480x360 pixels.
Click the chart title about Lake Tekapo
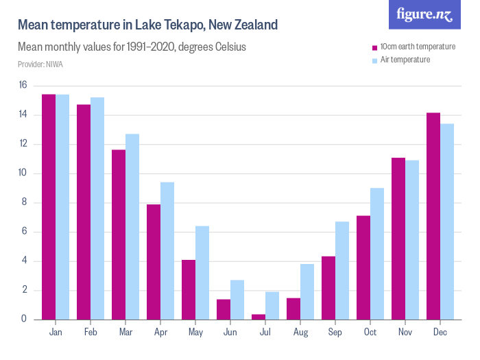tap(147, 25)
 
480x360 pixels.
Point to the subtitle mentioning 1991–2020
tap(132, 48)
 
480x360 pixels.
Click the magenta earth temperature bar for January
tap(49, 206)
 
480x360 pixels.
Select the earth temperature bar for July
tap(259, 317)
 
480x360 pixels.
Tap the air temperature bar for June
tap(237, 300)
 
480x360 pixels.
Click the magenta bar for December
tap(433, 216)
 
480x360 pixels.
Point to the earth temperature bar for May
tap(189, 289)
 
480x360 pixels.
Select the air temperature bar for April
tap(167, 250)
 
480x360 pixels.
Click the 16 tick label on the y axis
tap(23, 86)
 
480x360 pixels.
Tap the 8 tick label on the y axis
tap(24, 203)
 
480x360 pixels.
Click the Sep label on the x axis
tap(335, 333)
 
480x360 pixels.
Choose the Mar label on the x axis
tap(125, 333)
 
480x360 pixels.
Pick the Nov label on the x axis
tap(405, 333)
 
